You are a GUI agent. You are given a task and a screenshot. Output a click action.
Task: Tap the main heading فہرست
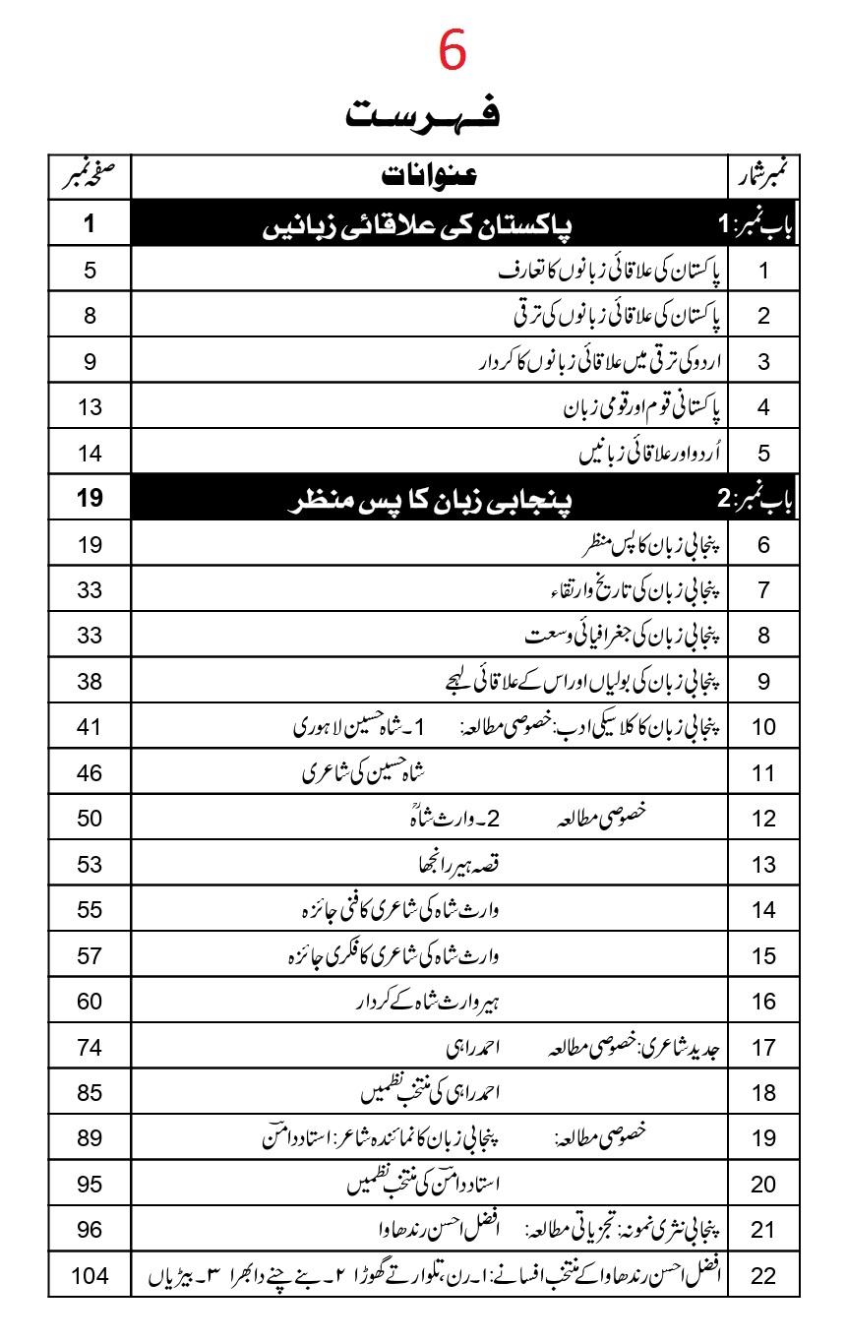click(x=423, y=114)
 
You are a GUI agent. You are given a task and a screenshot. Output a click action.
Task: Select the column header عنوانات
click(x=429, y=178)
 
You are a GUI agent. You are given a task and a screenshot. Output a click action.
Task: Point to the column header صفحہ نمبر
click(x=89, y=177)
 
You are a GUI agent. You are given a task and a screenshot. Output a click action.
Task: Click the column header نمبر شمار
click(x=764, y=178)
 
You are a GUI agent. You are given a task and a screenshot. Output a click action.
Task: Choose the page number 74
click(x=91, y=1048)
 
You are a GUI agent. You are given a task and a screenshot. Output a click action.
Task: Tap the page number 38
click(x=91, y=681)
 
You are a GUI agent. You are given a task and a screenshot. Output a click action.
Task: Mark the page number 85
click(x=91, y=1093)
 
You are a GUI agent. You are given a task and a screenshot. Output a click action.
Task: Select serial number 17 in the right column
click(x=764, y=1048)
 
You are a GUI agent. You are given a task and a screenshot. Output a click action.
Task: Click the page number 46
click(x=91, y=772)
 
